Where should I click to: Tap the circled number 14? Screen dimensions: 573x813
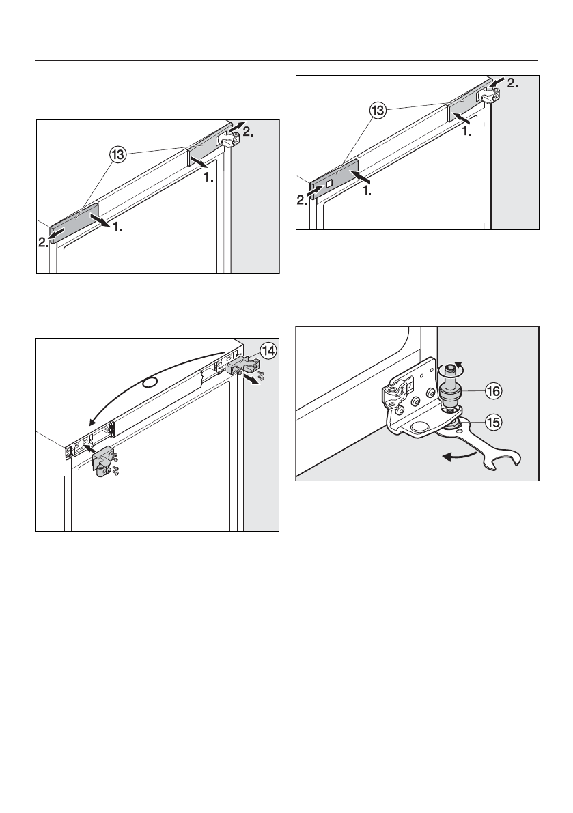(267, 352)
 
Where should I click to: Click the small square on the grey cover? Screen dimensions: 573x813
(330, 184)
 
